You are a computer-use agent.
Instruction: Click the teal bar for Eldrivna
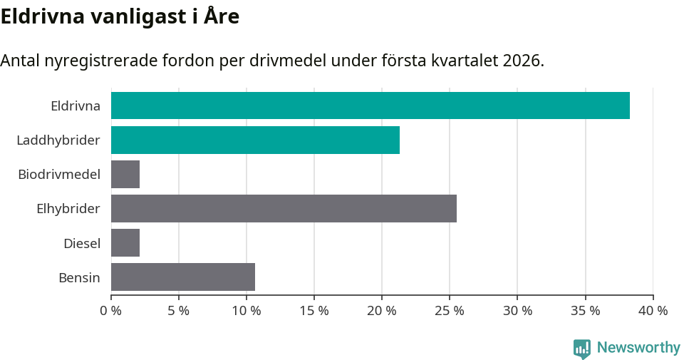click(x=370, y=106)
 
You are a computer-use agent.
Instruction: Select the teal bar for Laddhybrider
click(x=255, y=140)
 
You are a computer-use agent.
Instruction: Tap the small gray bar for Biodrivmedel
click(x=125, y=174)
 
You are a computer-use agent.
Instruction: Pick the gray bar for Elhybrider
click(x=284, y=208)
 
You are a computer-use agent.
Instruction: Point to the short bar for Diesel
click(x=125, y=242)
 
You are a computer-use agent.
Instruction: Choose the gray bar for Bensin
click(x=183, y=277)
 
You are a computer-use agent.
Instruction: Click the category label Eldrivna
click(x=76, y=106)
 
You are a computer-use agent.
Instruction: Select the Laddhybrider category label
click(x=58, y=140)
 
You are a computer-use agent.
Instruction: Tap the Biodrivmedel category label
click(x=59, y=175)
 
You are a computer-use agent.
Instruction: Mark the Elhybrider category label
click(x=68, y=209)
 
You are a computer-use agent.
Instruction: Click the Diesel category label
click(x=82, y=243)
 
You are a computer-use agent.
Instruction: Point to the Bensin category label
click(x=79, y=277)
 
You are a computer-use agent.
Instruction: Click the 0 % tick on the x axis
click(x=110, y=311)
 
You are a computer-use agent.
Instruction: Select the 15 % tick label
click(x=313, y=311)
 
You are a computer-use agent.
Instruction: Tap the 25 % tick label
click(x=449, y=311)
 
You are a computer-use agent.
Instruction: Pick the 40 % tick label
click(x=653, y=311)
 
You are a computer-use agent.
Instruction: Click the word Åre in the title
click(x=220, y=16)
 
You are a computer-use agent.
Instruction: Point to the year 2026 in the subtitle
click(x=521, y=61)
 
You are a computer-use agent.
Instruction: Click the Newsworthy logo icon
click(x=582, y=348)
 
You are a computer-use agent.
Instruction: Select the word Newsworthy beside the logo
click(x=638, y=348)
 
